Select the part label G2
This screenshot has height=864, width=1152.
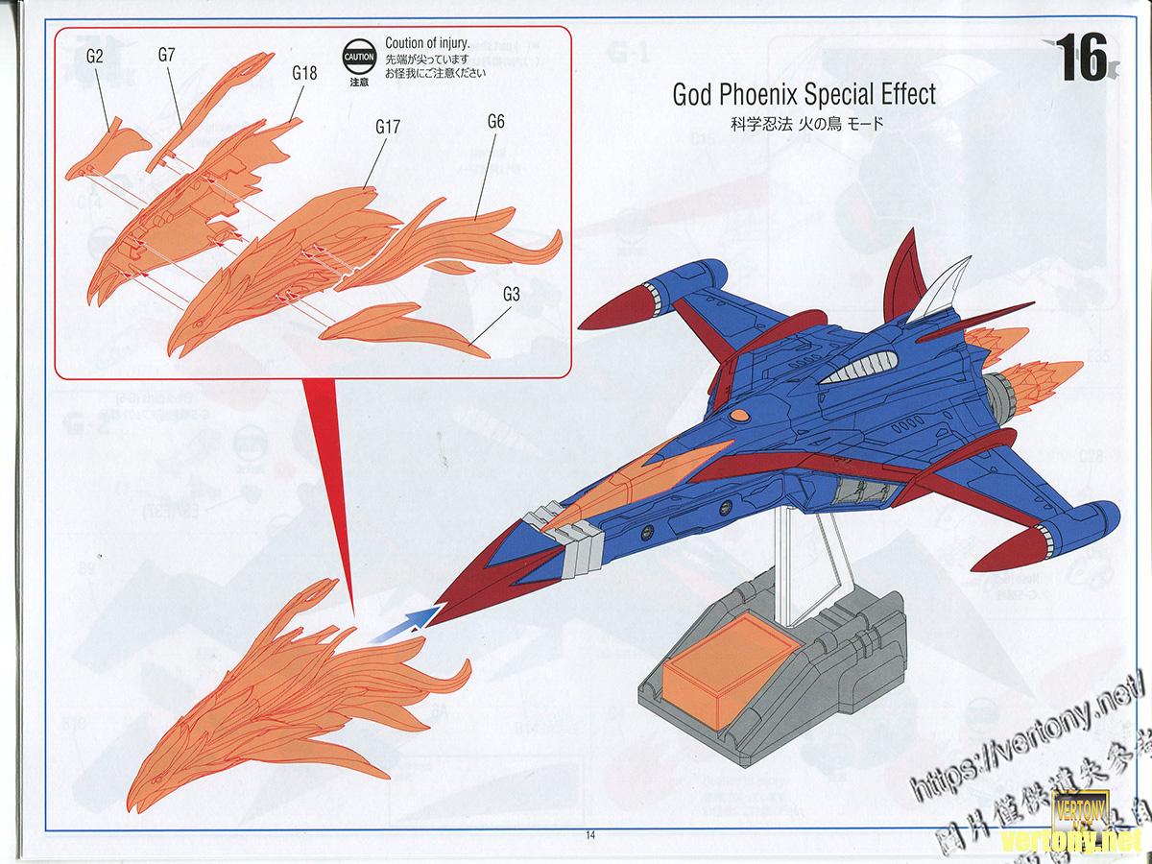click(x=94, y=56)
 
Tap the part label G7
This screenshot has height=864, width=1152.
click(x=166, y=55)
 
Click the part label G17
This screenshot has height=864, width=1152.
click(x=388, y=126)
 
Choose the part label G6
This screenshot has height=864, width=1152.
click(x=495, y=121)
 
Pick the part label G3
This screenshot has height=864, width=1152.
click(x=511, y=295)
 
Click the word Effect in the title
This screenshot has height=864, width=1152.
click(x=898, y=95)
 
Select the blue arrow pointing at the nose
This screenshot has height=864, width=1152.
click(x=403, y=624)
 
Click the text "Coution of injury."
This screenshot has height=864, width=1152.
click(x=426, y=42)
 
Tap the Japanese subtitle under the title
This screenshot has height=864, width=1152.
click(x=792, y=124)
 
